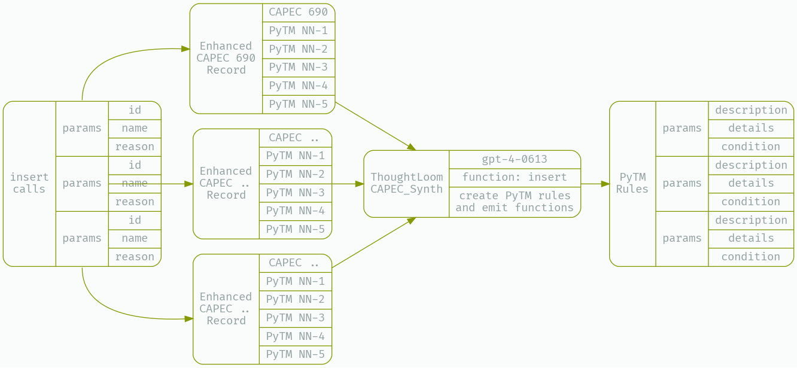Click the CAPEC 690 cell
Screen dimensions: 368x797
298,13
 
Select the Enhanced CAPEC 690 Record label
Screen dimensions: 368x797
226,58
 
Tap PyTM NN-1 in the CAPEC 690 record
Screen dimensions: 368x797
298,31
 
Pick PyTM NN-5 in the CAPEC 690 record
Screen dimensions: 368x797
298,104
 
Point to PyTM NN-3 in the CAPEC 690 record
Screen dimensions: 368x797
298,68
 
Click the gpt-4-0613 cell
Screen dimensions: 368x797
515,159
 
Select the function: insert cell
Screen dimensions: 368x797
515,178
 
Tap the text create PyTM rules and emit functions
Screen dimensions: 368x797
515,202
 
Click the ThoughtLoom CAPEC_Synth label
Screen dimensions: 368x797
406,183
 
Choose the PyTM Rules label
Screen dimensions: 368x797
632,183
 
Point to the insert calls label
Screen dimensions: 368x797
29,183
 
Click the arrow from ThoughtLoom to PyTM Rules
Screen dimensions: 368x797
595,184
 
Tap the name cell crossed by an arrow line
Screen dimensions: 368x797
135,183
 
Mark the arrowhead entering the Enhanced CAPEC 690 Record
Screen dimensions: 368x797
186,49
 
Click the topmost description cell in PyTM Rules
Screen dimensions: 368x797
751,110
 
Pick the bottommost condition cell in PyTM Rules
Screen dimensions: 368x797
751,257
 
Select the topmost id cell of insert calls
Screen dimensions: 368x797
135,110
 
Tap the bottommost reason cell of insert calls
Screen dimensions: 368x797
135,257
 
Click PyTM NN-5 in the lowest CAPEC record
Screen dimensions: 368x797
295,354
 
